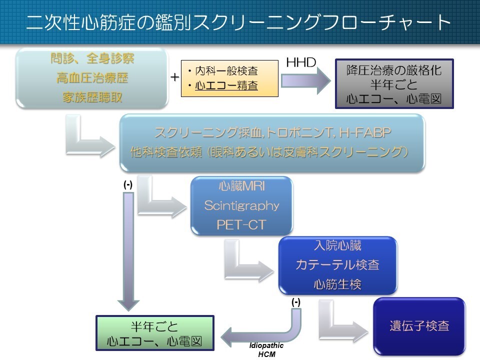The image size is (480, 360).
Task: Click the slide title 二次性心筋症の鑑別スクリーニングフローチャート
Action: [239, 22]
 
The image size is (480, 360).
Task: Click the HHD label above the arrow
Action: [300, 63]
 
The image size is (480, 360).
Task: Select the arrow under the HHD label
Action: [305, 81]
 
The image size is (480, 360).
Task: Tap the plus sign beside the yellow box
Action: [174, 77]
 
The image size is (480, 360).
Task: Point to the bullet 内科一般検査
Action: [225, 71]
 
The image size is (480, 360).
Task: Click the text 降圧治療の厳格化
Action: [394, 70]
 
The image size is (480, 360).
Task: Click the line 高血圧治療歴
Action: [92, 78]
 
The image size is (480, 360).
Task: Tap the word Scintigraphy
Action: [241, 205]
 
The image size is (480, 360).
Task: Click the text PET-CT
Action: [241, 224]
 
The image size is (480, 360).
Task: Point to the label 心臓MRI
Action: [241, 186]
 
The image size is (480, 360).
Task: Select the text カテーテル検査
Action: [337, 264]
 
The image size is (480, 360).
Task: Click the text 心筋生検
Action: [337, 284]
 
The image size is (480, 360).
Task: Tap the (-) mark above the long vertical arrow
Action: [128, 184]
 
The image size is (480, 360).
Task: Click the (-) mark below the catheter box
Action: [295, 302]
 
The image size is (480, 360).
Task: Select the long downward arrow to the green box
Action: [128, 250]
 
